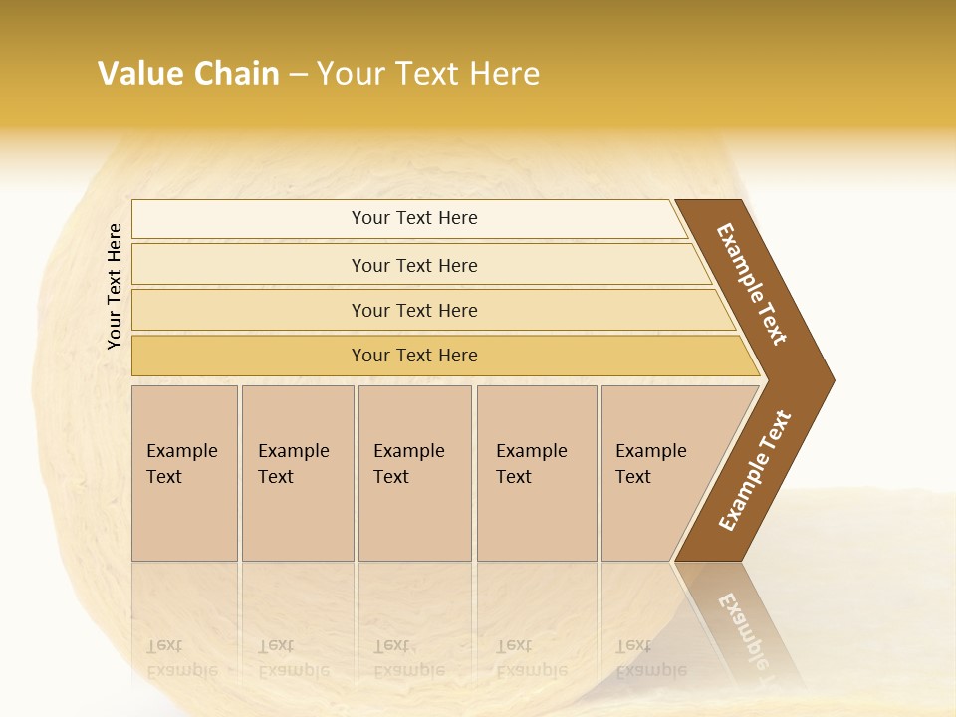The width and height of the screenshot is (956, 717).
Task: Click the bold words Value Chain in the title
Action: tap(188, 74)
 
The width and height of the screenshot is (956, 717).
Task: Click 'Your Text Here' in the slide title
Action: tap(428, 74)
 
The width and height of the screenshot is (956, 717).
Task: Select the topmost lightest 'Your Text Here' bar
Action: tap(413, 218)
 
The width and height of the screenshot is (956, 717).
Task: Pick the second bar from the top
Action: tap(413, 265)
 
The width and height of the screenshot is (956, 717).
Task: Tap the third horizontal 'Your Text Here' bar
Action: tap(413, 311)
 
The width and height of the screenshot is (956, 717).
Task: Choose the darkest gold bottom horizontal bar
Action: tap(413, 356)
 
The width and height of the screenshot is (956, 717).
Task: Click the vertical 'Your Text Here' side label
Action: tap(115, 286)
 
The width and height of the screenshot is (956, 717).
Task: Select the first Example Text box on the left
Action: tap(184, 473)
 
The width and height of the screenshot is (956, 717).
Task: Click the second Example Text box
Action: tap(298, 473)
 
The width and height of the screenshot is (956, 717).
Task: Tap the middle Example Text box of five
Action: tap(414, 473)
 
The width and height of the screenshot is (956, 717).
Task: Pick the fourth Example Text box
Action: tap(537, 473)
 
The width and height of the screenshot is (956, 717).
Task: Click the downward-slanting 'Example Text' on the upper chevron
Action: tap(752, 284)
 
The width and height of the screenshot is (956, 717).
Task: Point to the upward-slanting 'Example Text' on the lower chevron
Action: tap(755, 470)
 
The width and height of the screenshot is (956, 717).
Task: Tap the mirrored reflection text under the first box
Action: tap(182, 658)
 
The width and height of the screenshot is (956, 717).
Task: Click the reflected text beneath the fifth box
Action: tap(651, 658)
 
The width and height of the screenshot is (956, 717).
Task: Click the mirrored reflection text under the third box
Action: tap(409, 658)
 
